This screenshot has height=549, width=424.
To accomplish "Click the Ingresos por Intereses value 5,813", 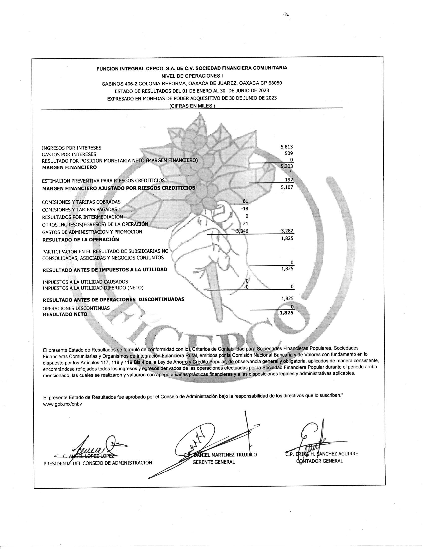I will click(287, 147).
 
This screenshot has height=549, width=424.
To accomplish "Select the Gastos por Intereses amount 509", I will click(289, 153).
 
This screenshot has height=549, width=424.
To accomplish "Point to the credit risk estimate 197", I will click(289, 180).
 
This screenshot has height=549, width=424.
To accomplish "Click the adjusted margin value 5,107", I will click(287, 187).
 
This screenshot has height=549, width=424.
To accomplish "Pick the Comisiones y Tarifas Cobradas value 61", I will click(245, 201).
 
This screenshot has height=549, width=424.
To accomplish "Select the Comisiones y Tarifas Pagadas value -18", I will click(244, 208).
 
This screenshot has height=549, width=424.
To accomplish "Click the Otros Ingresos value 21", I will click(245, 224).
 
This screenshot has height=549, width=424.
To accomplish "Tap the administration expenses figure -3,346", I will click(241, 231).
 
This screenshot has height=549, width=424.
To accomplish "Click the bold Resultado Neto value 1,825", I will click(287, 313).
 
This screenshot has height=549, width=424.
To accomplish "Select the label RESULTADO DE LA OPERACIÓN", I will click(81, 240).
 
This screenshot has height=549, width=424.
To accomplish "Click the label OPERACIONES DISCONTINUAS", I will click(76, 308).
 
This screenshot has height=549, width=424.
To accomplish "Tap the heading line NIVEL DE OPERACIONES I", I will click(192, 76).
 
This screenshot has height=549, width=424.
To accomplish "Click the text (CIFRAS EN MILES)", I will click(192, 106).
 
